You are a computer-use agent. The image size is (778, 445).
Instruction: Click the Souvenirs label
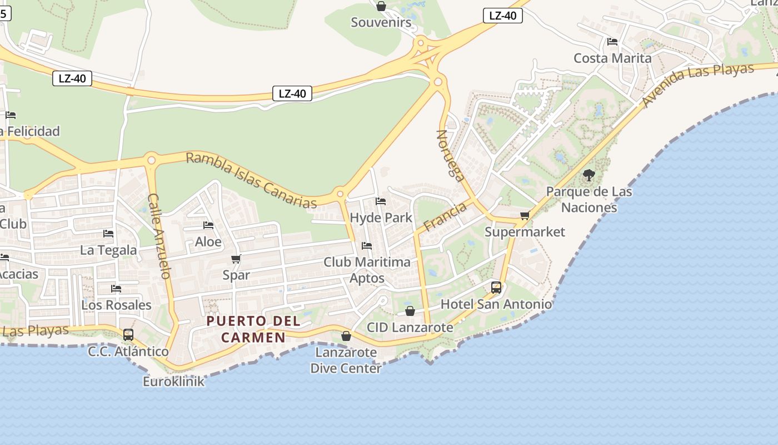click(381, 23)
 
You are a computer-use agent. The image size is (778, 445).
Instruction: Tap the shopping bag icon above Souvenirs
click(381, 7)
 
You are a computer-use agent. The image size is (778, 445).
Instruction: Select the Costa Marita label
click(612, 58)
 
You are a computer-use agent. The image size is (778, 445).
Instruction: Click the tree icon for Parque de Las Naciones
click(589, 176)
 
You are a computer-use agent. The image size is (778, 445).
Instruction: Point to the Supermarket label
click(525, 232)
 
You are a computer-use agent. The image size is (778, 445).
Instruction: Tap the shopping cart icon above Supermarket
click(525, 215)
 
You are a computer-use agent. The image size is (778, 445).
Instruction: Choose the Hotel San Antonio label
click(496, 304)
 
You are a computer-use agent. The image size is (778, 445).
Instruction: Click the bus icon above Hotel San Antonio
click(496, 288)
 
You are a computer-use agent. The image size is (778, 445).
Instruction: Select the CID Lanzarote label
click(410, 328)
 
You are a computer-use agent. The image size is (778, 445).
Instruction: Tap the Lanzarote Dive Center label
click(346, 360)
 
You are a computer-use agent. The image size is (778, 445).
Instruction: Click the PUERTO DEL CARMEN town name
click(253, 329)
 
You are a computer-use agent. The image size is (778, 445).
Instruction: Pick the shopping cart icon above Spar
click(236, 259)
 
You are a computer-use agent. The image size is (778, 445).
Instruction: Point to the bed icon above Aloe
click(208, 225)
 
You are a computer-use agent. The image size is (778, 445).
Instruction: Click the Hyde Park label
click(381, 217)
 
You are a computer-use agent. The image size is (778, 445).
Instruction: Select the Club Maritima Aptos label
click(367, 270)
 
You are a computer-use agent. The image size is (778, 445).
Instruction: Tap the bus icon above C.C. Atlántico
click(128, 335)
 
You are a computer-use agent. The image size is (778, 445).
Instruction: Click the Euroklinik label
click(173, 382)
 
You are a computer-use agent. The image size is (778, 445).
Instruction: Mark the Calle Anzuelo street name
click(158, 236)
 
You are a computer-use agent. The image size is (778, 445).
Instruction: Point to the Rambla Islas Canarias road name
click(251, 180)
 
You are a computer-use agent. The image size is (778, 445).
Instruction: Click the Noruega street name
click(451, 156)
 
